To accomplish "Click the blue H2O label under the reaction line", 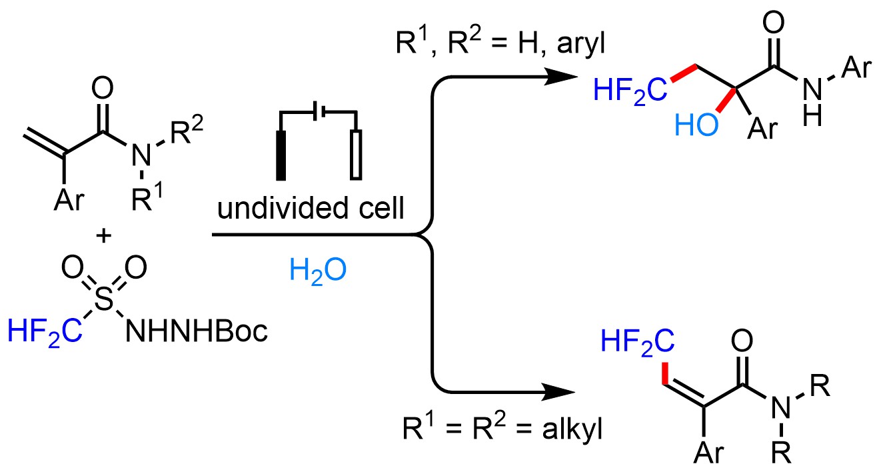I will click(x=317, y=272).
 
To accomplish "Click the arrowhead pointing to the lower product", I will click(x=559, y=391).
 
